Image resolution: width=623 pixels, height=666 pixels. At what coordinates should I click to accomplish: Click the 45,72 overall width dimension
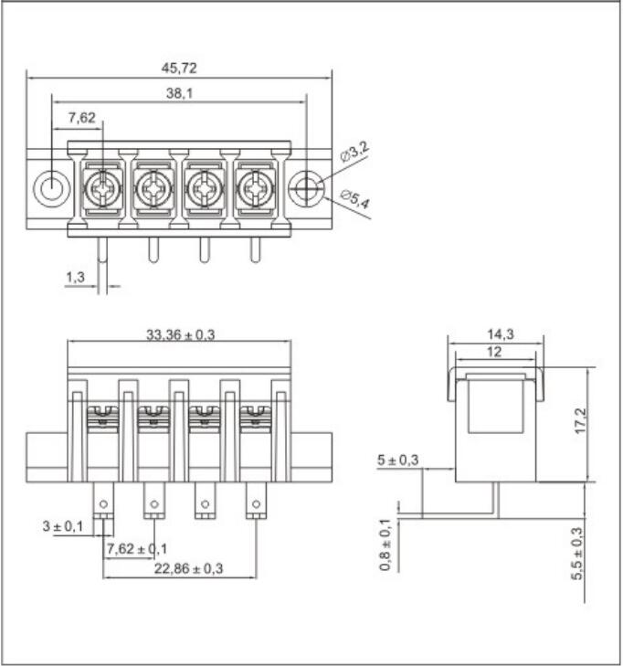tap(179, 68)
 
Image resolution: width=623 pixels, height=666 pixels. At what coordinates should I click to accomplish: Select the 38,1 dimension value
tap(179, 93)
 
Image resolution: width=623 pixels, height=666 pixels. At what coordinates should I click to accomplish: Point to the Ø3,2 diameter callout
tap(356, 153)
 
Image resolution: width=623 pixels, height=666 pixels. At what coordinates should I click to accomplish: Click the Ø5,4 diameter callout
tap(354, 198)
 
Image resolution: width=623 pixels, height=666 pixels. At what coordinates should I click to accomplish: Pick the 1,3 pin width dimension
tap(76, 276)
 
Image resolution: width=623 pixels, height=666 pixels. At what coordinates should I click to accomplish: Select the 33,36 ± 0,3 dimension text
tap(181, 334)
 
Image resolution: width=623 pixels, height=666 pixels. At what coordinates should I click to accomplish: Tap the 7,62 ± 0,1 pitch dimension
tap(137, 548)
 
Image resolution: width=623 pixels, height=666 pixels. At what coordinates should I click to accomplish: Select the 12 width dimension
tap(494, 352)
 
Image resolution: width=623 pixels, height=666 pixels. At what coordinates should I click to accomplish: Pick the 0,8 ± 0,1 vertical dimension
tap(385, 545)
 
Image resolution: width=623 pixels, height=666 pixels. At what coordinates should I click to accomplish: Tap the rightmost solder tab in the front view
tap(257, 502)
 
